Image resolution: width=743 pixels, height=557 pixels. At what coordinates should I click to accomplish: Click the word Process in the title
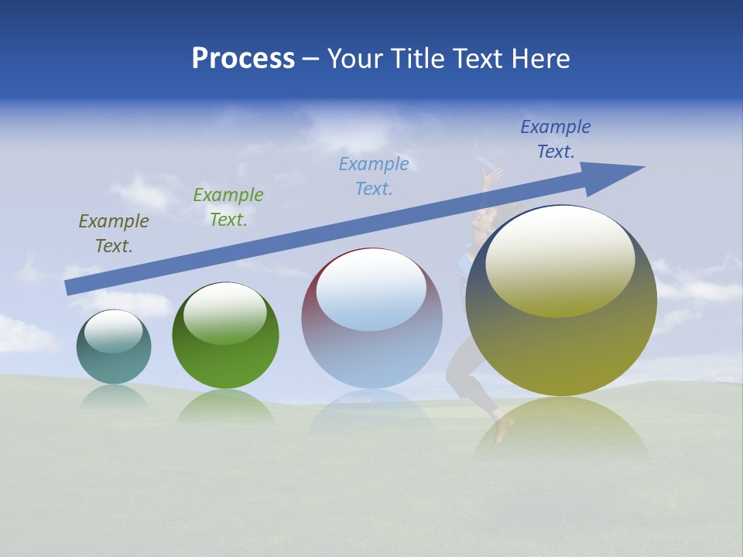pos(243,59)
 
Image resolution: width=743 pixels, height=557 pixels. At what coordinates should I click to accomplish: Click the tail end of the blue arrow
pos(70,287)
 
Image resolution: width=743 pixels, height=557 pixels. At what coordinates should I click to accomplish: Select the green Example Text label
pos(228,207)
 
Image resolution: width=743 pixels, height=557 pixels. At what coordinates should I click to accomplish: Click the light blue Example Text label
pos(374,176)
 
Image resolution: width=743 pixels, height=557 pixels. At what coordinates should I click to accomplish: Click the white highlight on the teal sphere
pos(113,331)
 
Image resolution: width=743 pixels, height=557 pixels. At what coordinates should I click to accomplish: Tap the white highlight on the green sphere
pos(225,313)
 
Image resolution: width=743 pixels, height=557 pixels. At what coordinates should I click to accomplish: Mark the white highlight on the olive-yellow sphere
pos(560,261)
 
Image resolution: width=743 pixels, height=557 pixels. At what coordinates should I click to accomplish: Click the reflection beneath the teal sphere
pos(114,397)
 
